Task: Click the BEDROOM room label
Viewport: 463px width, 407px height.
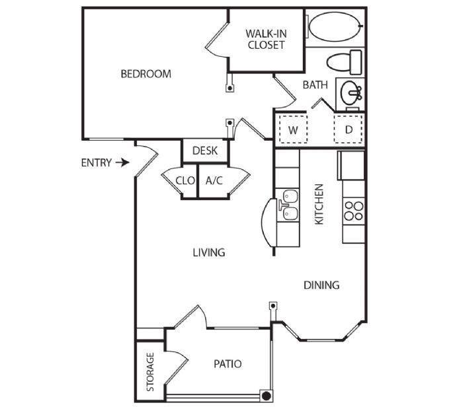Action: pyautogui.click(x=146, y=74)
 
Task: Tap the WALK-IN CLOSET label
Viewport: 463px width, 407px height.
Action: pyautogui.click(x=265, y=39)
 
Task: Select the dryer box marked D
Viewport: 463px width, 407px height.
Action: pyautogui.click(x=349, y=130)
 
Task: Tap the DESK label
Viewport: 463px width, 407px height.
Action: pyautogui.click(x=205, y=151)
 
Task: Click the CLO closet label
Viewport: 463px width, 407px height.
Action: pyautogui.click(x=185, y=180)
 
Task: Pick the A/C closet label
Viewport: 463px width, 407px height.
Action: pyautogui.click(x=214, y=180)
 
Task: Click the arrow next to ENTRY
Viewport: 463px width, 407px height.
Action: pyautogui.click(x=120, y=162)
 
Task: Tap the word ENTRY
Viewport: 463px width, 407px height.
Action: pyautogui.click(x=95, y=163)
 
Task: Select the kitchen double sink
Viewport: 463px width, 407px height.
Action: pyautogui.click(x=288, y=204)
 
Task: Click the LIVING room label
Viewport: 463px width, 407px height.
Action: pyautogui.click(x=209, y=252)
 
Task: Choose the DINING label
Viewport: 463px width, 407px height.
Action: pyautogui.click(x=321, y=285)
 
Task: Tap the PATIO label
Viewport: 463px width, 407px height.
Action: pyautogui.click(x=228, y=364)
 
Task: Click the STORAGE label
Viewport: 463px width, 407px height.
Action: pyautogui.click(x=150, y=371)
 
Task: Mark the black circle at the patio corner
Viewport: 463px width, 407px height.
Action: pyautogui.click(x=266, y=396)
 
